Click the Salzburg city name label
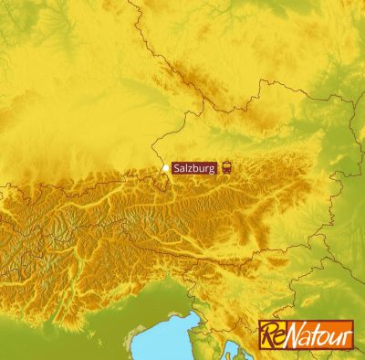(x=194, y=167)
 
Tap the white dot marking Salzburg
(x=165, y=168)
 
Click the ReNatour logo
(x=306, y=334)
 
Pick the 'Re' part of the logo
(x=273, y=334)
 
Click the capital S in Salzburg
(x=176, y=167)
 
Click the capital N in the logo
(x=294, y=333)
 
